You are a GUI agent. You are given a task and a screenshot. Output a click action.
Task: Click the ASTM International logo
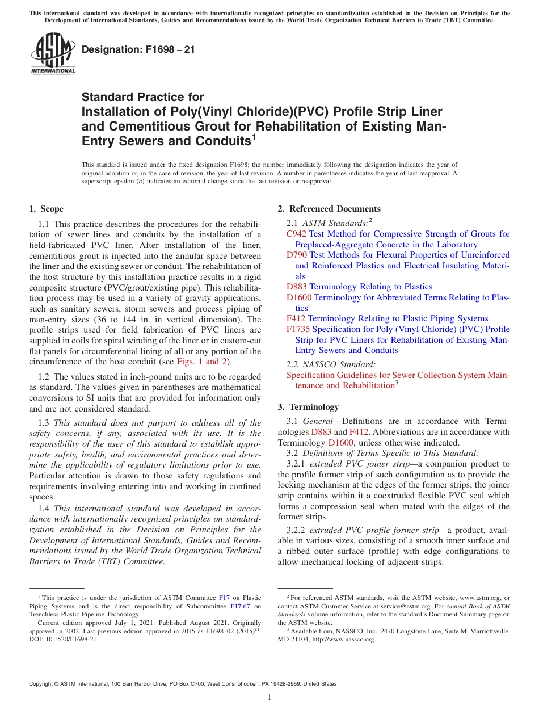(53, 53)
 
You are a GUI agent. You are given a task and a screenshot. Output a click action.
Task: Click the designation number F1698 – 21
(138, 49)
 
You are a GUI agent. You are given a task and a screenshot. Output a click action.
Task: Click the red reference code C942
(296, 234)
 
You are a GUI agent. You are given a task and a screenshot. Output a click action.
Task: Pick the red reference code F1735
(298, 329)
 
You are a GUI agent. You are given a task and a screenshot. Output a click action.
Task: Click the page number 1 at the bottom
(269, 698)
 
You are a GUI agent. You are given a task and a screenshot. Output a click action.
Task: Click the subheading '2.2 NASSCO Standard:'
(331, 364)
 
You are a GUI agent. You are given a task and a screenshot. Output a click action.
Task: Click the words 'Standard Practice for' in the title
(142, 97)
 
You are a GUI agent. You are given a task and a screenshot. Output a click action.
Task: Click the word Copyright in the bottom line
(44, 684)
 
